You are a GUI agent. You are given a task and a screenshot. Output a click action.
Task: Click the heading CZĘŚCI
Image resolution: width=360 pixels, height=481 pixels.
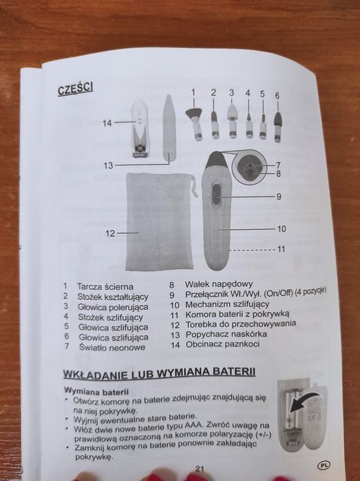pyautogui.click(x=76, y=89)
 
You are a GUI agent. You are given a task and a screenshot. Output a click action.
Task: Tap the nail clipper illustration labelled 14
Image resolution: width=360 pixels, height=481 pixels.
pyautogui.click(x=140, y=129)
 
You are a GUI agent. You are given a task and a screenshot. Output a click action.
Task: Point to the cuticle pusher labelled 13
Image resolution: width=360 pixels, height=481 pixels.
pyautogui.click(x=169, y=127)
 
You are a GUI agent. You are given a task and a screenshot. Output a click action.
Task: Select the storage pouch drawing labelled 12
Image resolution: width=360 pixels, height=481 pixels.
pyautogui.click(x=160, y=222)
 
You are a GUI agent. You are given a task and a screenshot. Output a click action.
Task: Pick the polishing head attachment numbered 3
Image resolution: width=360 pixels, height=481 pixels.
pyautogui.click(x=233, y=122)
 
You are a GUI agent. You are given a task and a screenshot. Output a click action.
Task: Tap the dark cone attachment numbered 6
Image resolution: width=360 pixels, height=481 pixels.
pyautogui.click(x=277, y=127)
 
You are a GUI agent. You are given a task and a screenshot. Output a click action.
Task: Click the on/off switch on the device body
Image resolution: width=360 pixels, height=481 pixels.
pyautogui.click(x=217, y=195)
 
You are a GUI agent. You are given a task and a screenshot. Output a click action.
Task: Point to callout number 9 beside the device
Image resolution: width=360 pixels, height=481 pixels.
pyautogui.click(x=279, y=196)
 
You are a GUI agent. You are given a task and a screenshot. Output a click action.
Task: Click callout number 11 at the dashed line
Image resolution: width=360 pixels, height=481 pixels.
pyautogui.click(x=281, y=249)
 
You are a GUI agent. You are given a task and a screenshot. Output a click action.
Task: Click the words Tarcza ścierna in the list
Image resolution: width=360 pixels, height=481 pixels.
pyautogui.click(x=105, y=287)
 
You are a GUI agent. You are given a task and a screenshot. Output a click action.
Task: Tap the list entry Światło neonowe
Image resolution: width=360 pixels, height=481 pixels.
pyautogui.click(x=112, y=348)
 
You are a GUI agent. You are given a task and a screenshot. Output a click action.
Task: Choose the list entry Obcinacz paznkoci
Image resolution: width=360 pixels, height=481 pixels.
pyautogui.click(x=222, y=344)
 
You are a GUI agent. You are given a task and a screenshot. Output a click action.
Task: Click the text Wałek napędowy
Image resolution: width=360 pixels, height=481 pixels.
pyautogui.click(x=218, y=284)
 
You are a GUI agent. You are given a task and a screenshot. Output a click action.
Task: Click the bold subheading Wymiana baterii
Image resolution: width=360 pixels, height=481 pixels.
pyautogui.click(x=96, y=392)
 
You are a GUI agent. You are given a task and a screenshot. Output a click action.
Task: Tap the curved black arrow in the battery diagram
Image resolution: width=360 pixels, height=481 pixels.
pyautogui.click(x=304, y=399)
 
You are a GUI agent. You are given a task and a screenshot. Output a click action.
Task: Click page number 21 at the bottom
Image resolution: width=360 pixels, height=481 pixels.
pyautogui.click(x=200, y=469)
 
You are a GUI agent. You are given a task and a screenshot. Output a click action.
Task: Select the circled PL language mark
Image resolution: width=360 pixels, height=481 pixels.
pyautogui.click(x=324, y=465)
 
